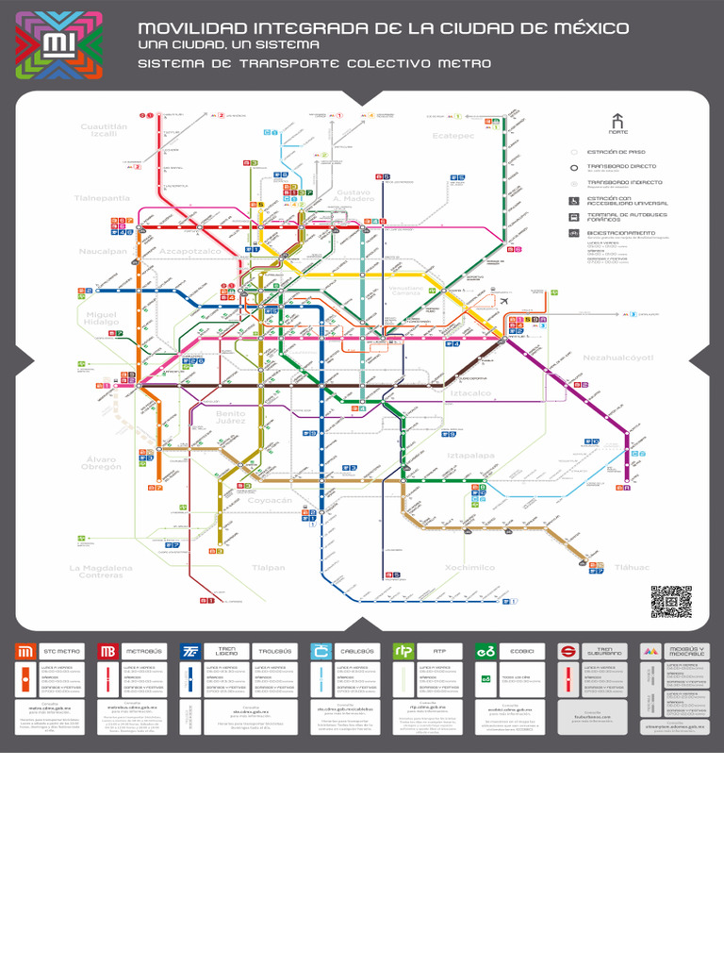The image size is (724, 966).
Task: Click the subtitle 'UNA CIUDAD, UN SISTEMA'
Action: (228, 44)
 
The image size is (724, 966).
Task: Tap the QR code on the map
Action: (670, 601)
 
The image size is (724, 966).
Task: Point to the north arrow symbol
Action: (617, 122)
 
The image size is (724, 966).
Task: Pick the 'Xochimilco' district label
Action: (469, 568)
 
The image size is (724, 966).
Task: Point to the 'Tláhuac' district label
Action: (633, 568)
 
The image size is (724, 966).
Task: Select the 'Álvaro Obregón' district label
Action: (100, 463)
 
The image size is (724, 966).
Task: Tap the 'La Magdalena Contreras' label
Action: (100, 572)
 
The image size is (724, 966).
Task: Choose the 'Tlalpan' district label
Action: (268, 568)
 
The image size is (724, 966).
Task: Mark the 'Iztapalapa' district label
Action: (470, 455)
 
